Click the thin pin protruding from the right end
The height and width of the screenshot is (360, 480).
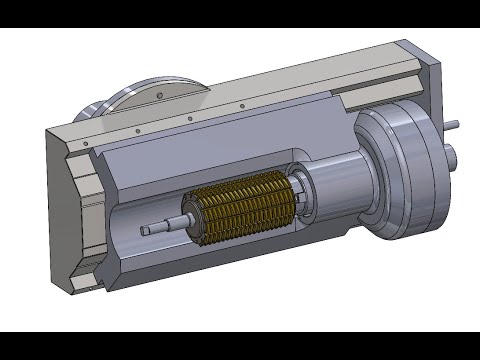[454, 125]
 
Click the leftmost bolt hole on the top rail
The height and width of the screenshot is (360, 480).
[86, 144]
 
